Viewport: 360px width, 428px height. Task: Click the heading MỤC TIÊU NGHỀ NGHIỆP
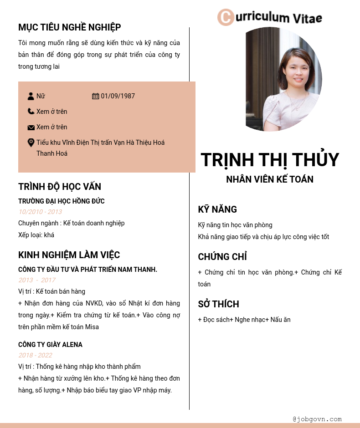(69, 27)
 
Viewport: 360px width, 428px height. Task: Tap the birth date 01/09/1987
(118, 96)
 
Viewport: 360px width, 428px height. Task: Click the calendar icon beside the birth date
(95, 96)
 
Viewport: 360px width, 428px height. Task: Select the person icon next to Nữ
(31, 96)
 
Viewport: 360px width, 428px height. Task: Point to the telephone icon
(31, 112)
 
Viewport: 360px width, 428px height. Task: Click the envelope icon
(31, 127)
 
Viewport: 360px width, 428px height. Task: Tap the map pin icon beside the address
(31, 143)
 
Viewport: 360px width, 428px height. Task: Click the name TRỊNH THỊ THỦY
(270, 159)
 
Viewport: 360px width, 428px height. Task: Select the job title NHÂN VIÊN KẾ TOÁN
(270, 179)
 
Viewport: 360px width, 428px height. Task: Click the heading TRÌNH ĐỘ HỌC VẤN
(60, 187)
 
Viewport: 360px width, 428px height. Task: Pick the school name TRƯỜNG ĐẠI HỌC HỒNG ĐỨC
(62, 201)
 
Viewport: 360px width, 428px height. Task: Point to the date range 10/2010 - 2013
(40, 212)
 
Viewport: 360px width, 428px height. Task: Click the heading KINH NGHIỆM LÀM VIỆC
(69, 255)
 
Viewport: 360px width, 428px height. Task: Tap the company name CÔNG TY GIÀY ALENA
(50, 345)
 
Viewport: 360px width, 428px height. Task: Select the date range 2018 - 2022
(35, 355)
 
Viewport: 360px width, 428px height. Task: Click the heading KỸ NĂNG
(217, 209)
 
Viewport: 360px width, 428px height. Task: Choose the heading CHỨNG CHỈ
(222, 257)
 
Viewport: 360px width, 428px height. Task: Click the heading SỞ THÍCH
(218, 304)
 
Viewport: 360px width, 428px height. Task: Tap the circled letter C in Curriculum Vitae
(226, 17)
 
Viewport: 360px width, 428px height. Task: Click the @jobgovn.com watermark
(317, 419)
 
